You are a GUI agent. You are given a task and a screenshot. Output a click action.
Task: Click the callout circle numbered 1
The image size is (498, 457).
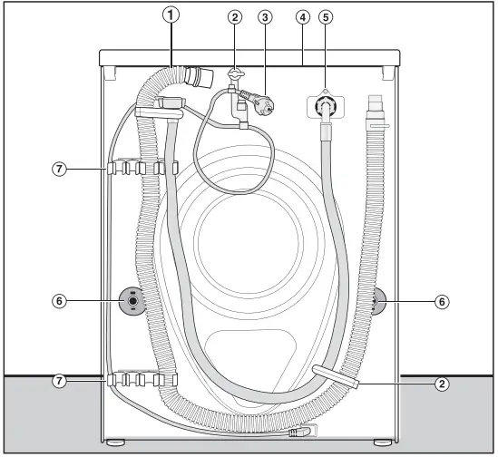point(168,15)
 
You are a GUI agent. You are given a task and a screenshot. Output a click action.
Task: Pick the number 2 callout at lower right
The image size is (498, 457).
point(441,384)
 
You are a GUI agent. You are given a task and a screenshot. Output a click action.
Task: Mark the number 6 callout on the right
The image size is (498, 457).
point(441,301)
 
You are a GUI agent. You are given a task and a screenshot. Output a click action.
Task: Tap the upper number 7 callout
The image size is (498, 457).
point(61,168)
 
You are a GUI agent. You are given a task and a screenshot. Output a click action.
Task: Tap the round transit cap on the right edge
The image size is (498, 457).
point(378,300)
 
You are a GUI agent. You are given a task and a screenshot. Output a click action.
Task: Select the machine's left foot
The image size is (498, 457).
point(115,443)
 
